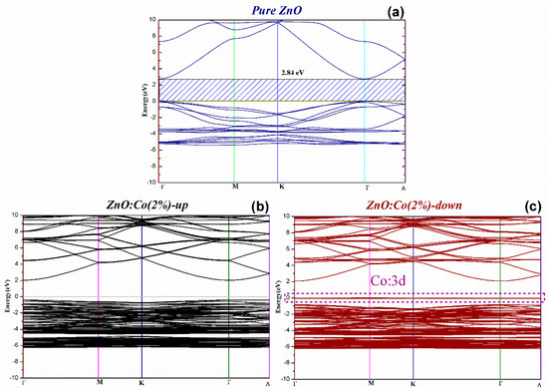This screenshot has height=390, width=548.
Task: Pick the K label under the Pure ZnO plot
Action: [280, 187]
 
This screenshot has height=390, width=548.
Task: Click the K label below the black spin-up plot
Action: [140, 383]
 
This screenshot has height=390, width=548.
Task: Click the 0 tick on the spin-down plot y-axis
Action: [284, 296]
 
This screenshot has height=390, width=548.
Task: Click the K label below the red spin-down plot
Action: [412, 383]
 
